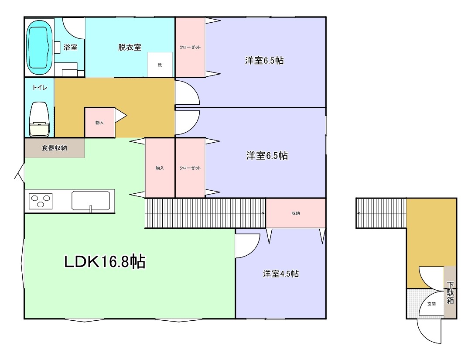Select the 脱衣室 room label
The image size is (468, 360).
pos(130,48)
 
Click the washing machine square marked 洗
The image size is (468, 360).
pos(160,65)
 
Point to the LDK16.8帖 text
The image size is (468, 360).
pos(105,262)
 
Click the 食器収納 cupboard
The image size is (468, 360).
pos(55,148)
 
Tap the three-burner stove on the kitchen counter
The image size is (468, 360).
pos(41,201)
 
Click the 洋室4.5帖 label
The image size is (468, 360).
pos(280,274)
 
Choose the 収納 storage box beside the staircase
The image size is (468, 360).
pos(296,213)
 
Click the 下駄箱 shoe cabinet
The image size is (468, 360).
pos(450,292)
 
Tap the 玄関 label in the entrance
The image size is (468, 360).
pos(431,304)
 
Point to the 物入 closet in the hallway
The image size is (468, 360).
pos(99,123)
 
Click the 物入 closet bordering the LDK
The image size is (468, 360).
pos(160,168)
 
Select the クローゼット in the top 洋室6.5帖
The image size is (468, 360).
pos(190,47)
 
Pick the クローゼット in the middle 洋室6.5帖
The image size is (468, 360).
pos(190,168)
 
